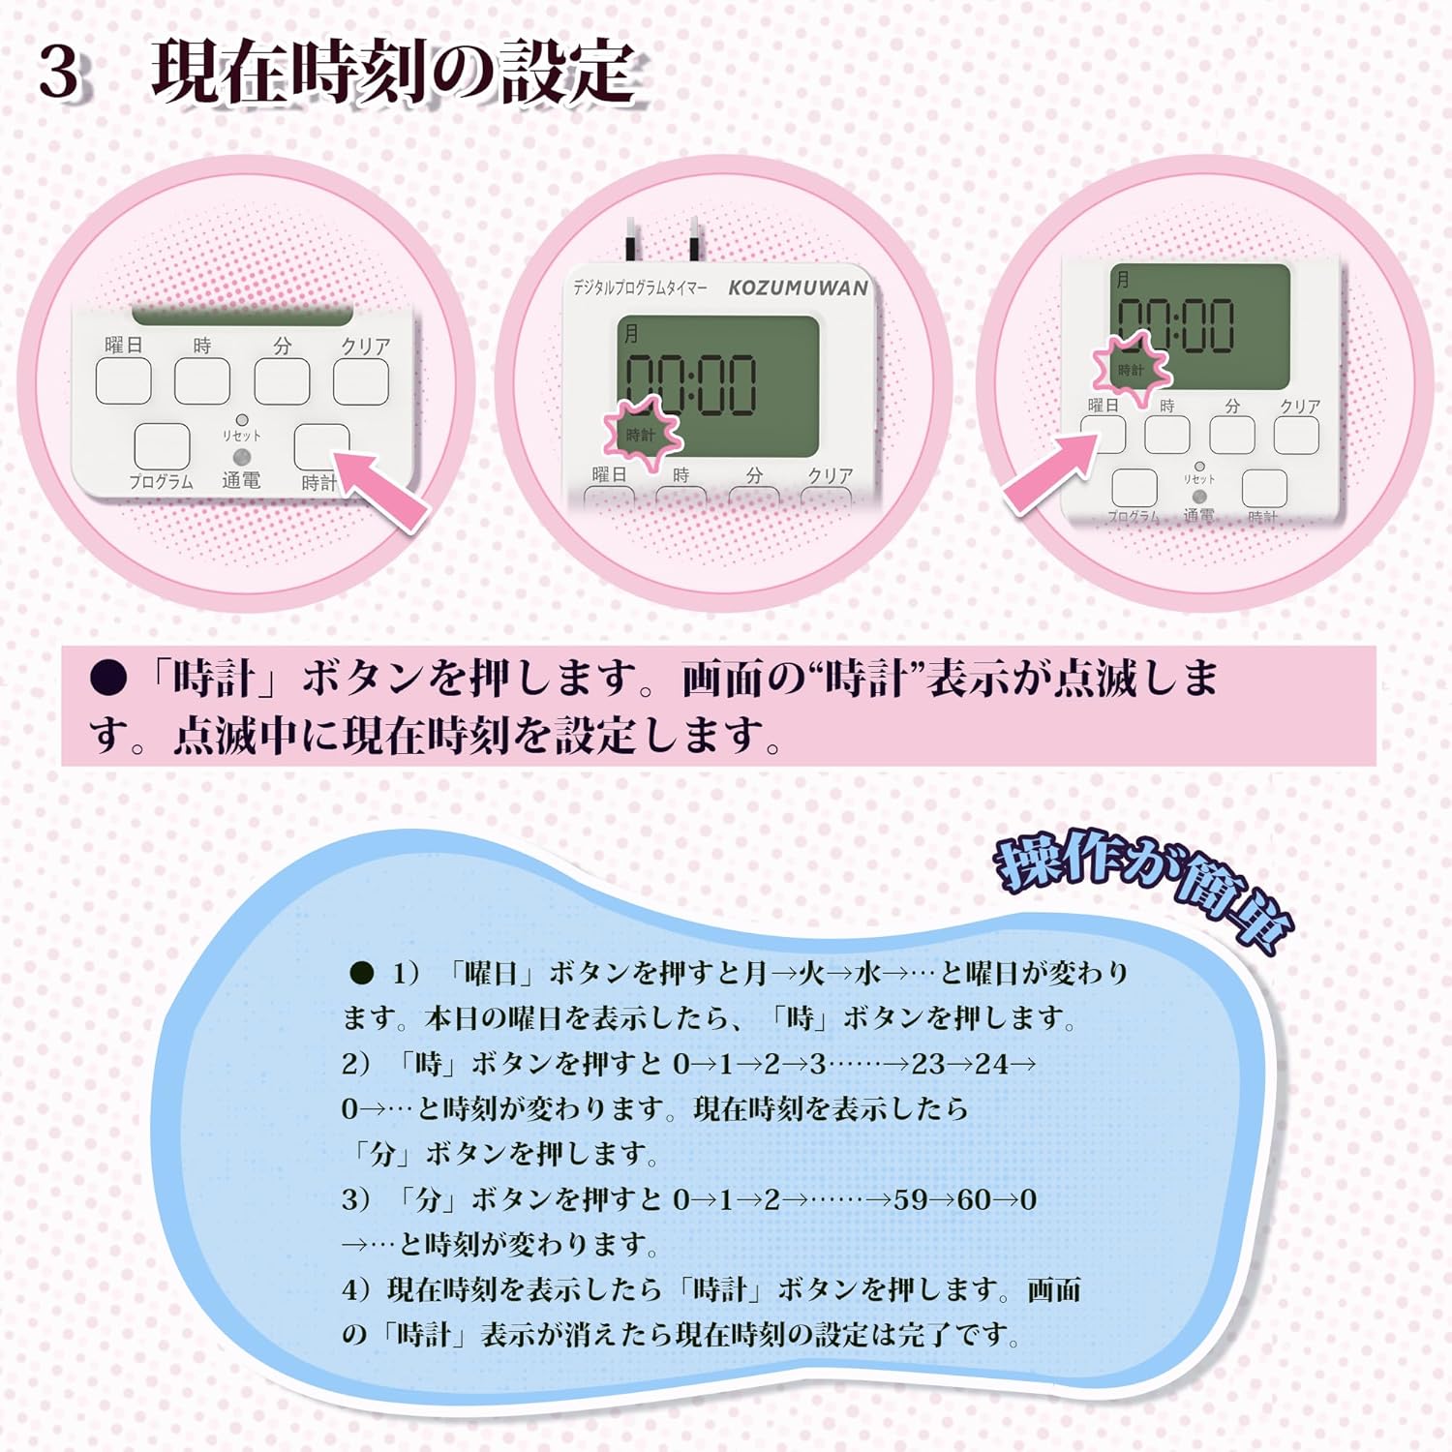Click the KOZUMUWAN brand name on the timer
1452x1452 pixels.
point(799,287)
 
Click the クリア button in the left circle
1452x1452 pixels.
point(361,381)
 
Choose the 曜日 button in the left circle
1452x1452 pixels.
point(123,380)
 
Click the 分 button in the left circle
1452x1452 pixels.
point(282,381)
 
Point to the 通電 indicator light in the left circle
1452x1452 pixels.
point(242,457)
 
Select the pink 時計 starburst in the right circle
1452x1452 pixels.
point(1132,368)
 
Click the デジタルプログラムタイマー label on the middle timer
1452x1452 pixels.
point(640,287)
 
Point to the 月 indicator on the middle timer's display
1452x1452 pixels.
point(631,335)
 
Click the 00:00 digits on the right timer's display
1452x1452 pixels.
point(1176,325)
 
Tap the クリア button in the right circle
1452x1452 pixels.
point(1296,436)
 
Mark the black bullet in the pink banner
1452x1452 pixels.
point(108,679)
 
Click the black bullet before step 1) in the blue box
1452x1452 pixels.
point(361,973)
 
